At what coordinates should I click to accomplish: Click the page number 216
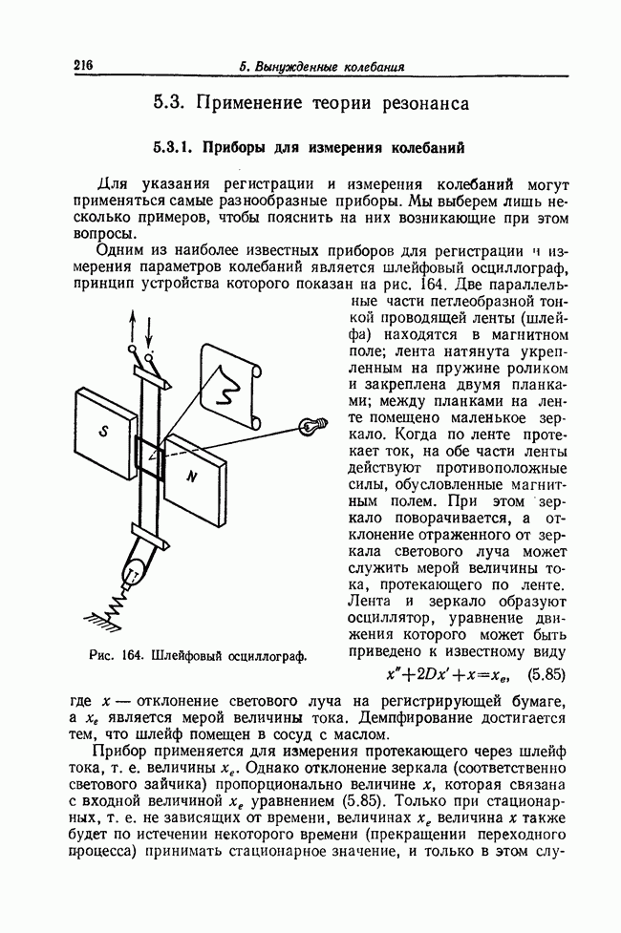tap(81, 65)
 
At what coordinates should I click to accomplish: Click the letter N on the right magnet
tap(191, 475)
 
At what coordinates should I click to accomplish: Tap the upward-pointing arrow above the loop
tap(133, 325)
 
